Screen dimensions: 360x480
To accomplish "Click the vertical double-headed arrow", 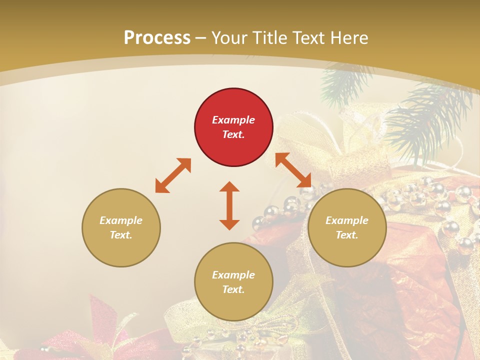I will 229,205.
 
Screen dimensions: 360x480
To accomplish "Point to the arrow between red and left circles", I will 173,175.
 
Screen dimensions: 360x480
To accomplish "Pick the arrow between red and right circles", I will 293,170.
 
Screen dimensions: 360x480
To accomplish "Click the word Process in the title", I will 157,37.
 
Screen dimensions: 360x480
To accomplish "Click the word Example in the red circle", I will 233,120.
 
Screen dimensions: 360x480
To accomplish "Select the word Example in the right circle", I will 347,220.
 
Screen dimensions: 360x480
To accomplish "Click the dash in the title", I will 201,38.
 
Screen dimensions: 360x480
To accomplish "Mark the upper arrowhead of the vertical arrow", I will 229,187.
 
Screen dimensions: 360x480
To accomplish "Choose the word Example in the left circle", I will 121,220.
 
